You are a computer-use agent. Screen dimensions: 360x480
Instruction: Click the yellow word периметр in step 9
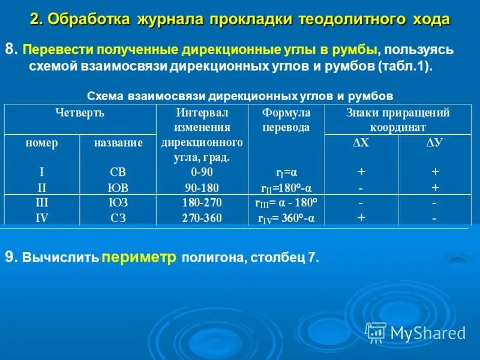(x=139, y=257)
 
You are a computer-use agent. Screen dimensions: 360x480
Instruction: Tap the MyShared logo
(x=416, y=332)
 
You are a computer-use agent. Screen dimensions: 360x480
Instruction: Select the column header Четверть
(x=80, y=112)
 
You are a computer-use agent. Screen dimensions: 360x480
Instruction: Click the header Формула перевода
(x=286, y=120)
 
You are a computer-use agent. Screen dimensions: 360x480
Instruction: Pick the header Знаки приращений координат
(x=397, y=120)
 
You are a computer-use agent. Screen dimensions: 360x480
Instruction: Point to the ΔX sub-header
(x=361, y=143)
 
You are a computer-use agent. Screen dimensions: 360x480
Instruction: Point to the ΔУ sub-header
(x=434, y=143)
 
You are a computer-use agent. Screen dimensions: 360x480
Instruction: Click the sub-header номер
(x=42, y=143)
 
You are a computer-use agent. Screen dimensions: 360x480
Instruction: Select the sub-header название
(x=118, y=143)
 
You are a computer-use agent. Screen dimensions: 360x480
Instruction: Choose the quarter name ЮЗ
(x=118, y=203)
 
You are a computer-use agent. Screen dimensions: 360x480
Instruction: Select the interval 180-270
(x=202, y=203)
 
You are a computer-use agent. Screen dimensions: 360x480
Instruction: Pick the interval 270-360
(x=202, y=218)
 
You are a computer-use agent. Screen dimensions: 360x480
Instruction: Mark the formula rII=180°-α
(x=286, y=188)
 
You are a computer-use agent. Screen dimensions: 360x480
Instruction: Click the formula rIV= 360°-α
(x=286, y=218)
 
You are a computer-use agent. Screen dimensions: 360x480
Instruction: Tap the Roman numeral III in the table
(x=42, y=203)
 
